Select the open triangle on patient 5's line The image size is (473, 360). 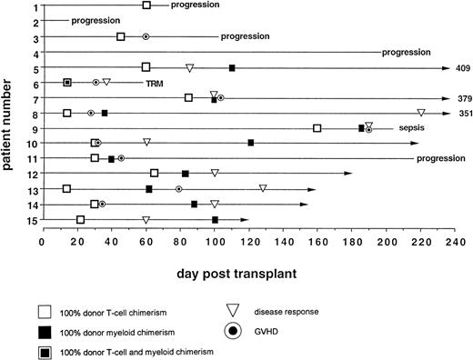189,68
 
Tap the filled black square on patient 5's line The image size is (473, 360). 232,68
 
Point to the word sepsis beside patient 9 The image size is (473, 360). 404,128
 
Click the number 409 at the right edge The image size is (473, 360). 462,68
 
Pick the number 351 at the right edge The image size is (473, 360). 462,115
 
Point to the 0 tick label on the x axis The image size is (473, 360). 42,243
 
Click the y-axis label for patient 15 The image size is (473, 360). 29,221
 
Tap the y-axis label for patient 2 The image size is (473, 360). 32,22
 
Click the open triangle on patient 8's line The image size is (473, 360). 420,114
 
